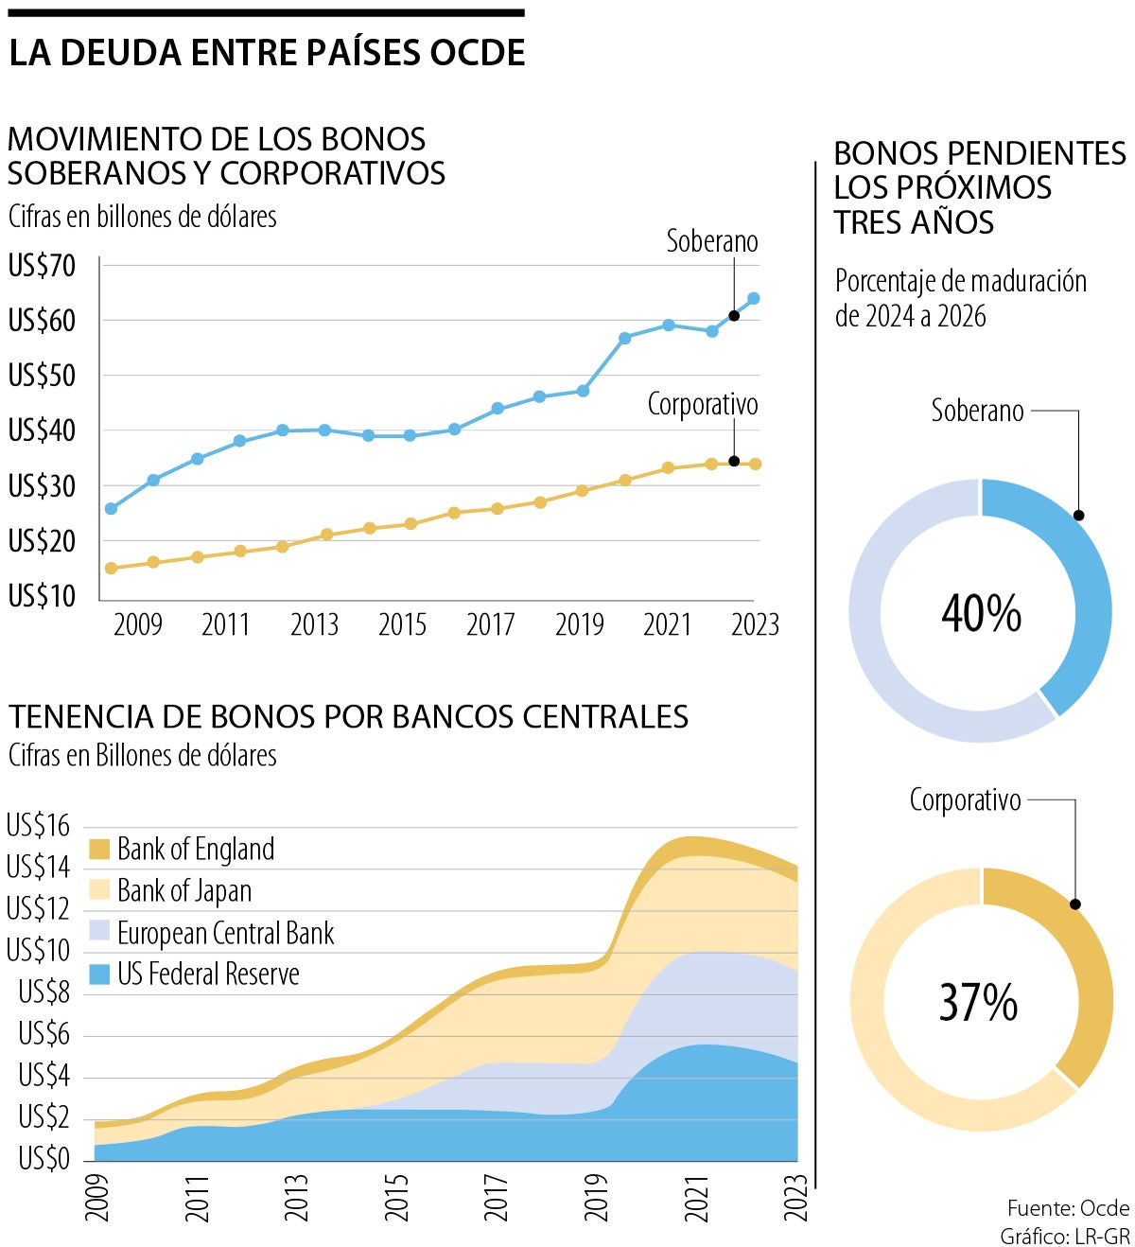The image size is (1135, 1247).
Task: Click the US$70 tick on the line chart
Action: pos(42,266)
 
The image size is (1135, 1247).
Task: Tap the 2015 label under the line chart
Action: pos(402,624)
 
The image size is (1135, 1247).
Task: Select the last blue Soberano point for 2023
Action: pos(754,299)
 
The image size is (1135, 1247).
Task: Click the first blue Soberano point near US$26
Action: pos(111,509)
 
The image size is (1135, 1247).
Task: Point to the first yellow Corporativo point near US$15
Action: pos(111,569)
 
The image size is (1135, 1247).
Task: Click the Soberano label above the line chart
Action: pos(711,241)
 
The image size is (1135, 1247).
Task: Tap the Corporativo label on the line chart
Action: pos(702,405)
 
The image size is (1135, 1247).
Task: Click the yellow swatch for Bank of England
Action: pos(99,849)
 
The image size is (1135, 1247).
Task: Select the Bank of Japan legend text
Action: pos(184,890)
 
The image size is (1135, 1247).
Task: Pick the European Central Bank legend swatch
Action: pos(99,932)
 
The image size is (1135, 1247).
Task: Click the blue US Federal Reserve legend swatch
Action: pos(99,974)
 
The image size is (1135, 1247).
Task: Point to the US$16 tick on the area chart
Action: pos(39,826)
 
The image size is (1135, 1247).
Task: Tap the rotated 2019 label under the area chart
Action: pos(596,1197)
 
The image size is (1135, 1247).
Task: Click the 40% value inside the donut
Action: pos(981,613)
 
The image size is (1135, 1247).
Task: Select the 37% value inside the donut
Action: pos(978,1002)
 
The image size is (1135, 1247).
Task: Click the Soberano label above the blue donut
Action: pos(977,411)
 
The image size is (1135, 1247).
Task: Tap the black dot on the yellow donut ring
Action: pos(1074,905)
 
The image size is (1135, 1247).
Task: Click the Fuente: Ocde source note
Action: pos(1068,1208)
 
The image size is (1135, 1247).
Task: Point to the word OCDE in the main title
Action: pos(478,53)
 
